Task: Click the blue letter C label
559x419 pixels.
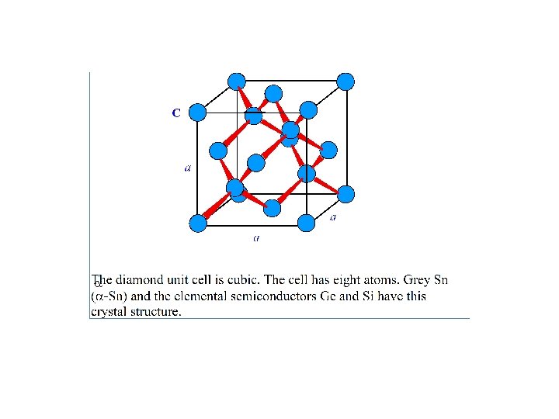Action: click(176, 113)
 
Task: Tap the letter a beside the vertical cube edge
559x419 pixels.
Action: click(188, 166)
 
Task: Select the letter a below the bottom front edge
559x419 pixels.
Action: click(256, 237)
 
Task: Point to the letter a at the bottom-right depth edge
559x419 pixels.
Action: click(333, 217)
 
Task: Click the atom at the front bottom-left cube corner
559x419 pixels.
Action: click(198, 223)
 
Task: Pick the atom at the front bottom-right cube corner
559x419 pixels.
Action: click(307, 223)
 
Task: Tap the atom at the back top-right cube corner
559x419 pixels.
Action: click(346, 81)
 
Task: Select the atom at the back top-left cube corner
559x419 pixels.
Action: click(236, 81)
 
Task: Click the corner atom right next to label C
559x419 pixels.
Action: click(198, 113)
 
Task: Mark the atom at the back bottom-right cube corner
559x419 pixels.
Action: click(346, 194)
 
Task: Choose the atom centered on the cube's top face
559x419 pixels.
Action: click(273, 94)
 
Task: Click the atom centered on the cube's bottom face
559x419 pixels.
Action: click(273, 208)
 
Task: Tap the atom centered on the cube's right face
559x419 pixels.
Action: click(328, 150)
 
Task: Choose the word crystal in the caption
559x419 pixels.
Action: click(108, 312)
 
